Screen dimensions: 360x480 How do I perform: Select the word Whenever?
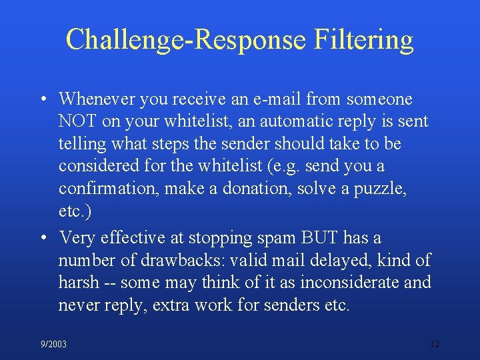coord(95,99)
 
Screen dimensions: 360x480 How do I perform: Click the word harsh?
coord(78,282)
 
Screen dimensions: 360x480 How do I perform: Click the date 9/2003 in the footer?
coord(53,344)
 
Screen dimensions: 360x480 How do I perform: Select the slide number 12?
coord(435,344)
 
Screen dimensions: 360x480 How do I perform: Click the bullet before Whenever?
coord(43,100)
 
